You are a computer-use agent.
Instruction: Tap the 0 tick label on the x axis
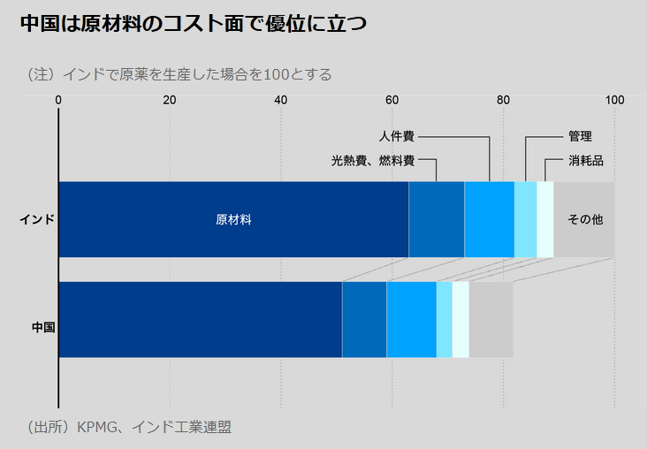pyautogui.click(x=58, y=100)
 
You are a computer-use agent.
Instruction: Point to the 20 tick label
pyautogui.click(x=170, y=100)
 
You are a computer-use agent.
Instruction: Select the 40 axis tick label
pyautogui.click(x=281, y=100)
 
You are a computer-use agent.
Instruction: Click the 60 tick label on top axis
pyautogui.click(x=392, y=100)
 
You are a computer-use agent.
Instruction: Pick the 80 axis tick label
pyautogui.click(x=503, y=100)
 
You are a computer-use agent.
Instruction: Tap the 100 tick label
pyautogui.click(x=614, y=100)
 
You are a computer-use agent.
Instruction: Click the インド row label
pyautogui.click(x=37, y=219)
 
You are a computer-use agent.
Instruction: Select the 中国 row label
pyautogui.click(x=43, y=327)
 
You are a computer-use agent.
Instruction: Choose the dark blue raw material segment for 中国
pyautogui.click(x=200, y=320)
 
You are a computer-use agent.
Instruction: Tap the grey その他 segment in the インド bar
pyautogui.click(x=584, y=219)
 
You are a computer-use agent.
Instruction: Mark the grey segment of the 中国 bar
pyautogui.click(x=491, y=320)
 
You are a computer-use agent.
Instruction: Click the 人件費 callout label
pyautogui.click(x=396, y=137)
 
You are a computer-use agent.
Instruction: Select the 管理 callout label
pyautogui.click(x=580, y=137)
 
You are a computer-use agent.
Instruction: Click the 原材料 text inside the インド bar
pyautogui.click(x=233, y=219)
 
